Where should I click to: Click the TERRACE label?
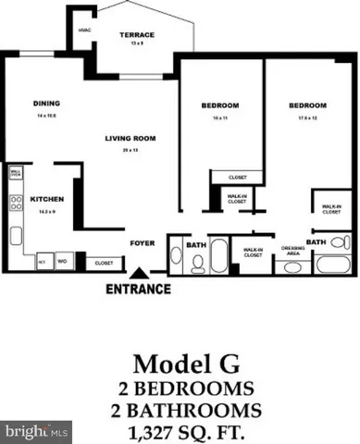[x=136, y=35]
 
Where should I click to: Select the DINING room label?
[x=46, y=104]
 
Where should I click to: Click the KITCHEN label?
[x=46, y=199]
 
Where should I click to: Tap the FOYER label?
[x=139, y=246]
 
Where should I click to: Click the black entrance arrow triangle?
[x=139, y=273]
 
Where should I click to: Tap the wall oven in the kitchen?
[x=16, y=173]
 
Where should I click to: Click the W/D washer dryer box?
[x=61, y=262]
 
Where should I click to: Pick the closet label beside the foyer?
[x=104, y=263]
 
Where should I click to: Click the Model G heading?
[x=179, y=361]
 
